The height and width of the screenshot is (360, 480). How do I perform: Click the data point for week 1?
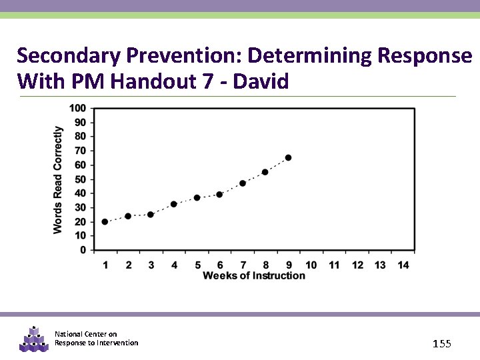pos(105,222)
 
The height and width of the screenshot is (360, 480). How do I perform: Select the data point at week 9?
pos(288,158)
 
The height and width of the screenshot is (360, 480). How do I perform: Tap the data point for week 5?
pos(197,198)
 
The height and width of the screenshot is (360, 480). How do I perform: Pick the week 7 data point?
pos(243,183)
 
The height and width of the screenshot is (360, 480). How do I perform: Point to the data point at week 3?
pos(151,215)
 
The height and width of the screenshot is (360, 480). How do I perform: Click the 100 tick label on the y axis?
pos(77,108)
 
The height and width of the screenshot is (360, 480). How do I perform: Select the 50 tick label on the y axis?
pos(79,179)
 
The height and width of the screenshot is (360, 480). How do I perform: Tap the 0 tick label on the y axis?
pos(82,250)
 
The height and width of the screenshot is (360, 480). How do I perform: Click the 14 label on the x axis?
pos(403,265)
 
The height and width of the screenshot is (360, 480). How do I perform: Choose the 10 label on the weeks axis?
pos(311,265)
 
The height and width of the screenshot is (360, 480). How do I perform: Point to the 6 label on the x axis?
pos(220,265)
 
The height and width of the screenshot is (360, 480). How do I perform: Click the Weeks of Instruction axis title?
pos(254,275)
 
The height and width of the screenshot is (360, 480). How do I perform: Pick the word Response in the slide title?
pos(425,55)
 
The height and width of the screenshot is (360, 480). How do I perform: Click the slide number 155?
pos(441,343)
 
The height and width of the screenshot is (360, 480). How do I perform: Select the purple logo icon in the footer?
pos(34,339)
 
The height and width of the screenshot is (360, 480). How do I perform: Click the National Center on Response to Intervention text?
pos(96,339)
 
